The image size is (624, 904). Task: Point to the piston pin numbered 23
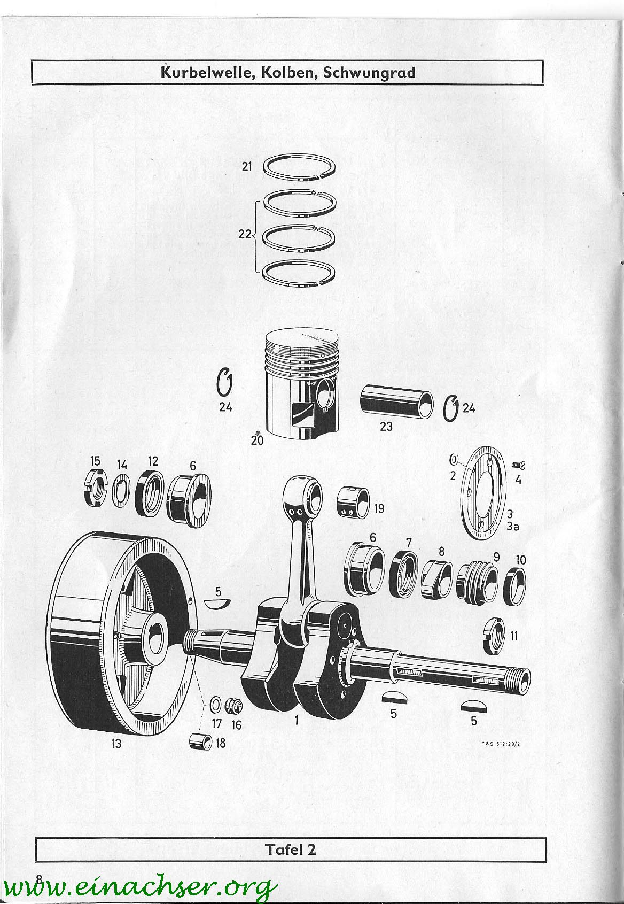click(396, 401)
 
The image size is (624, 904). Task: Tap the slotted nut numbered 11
click(493, 636)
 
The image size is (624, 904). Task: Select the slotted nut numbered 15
click(96, 490)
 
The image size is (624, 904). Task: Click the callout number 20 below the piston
click(257, 440)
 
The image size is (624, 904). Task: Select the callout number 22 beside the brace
click(245, 234)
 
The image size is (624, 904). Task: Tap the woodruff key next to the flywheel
click(217, 603)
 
